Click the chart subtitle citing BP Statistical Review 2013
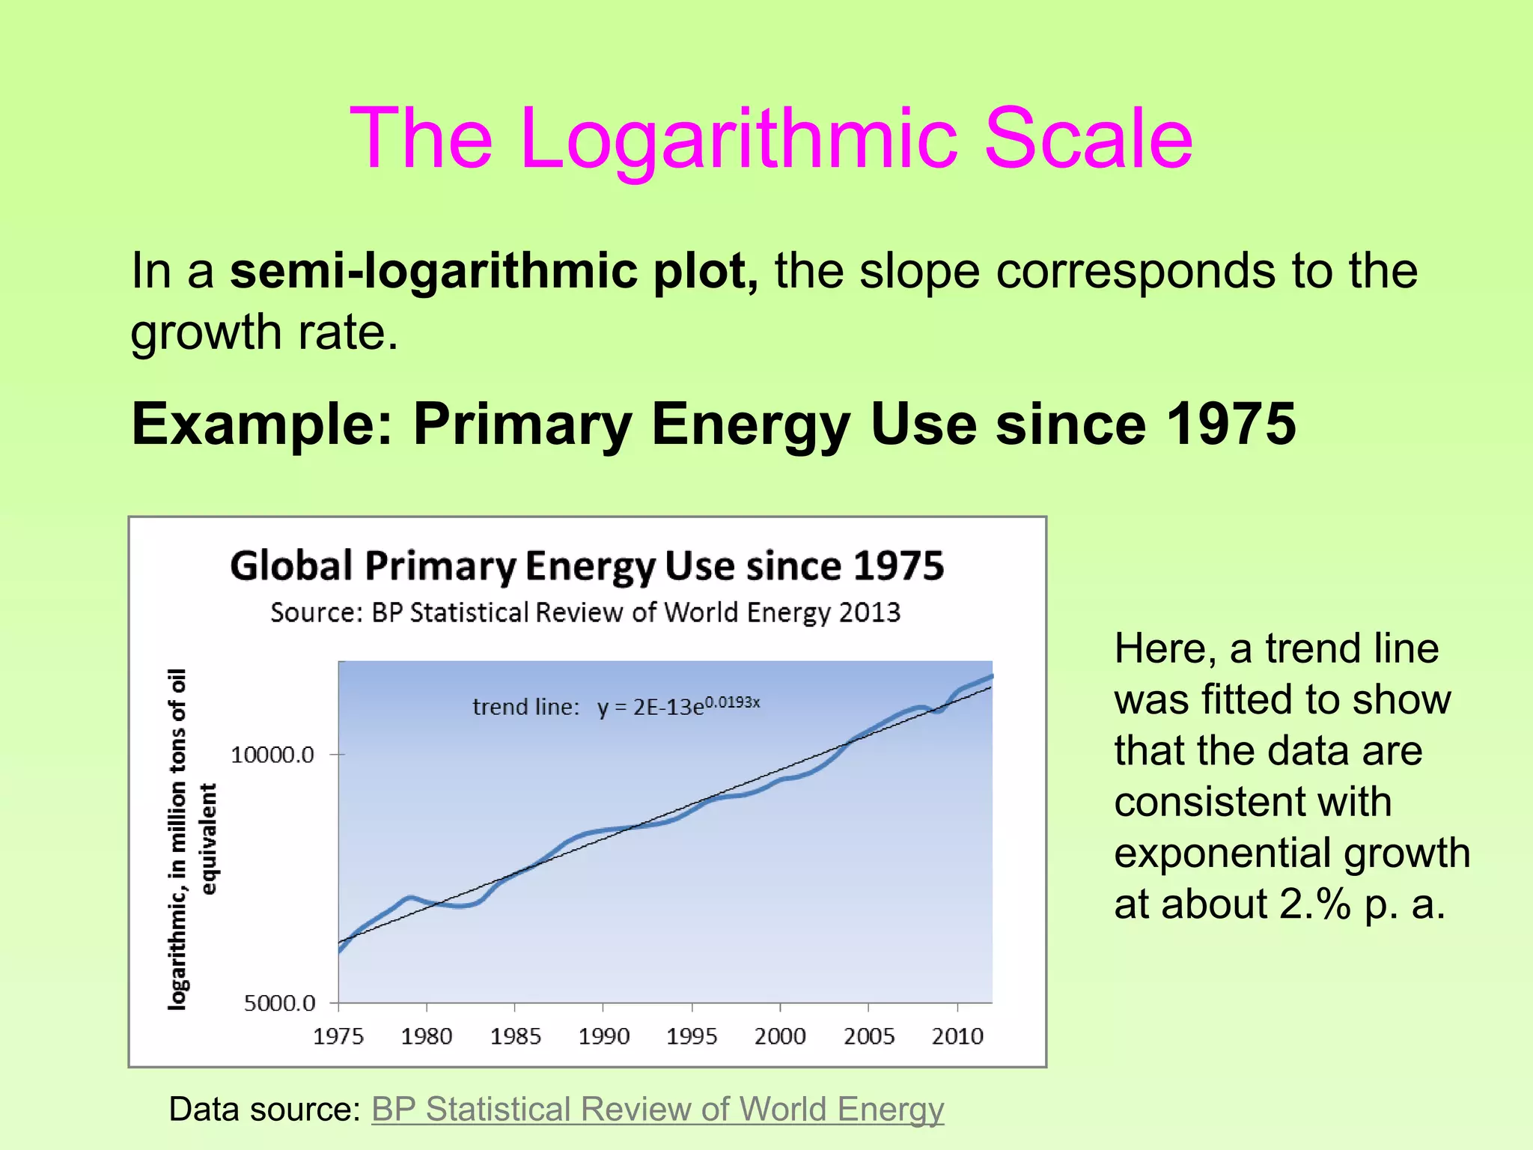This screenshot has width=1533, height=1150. point(585,612)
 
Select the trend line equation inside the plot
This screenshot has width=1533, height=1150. point(616,706)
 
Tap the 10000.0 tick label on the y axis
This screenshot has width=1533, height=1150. point(272,755)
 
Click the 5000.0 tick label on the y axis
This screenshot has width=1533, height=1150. point(279,1003)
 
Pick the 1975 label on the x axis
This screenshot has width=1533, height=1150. point(338,1037)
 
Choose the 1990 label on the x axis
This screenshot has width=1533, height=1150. point(603,1037)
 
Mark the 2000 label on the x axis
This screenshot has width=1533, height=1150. point(780,1037)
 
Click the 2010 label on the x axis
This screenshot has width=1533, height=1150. point(957,1037)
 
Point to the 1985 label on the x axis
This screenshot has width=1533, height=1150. point(515,1037)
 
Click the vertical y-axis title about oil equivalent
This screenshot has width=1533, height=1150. point(192,839)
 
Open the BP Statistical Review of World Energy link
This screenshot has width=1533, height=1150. point(657,1110)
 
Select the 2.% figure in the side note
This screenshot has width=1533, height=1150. point(1314,904)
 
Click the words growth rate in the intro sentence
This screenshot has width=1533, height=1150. point(264,332)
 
